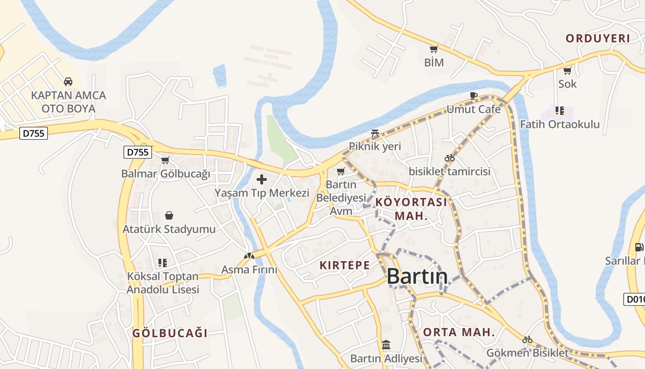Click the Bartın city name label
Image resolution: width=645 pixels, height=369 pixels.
tap(417, 276)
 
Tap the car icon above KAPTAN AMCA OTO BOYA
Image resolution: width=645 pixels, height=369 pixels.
tap(68, 82)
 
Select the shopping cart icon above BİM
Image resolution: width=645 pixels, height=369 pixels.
tap(434, 49)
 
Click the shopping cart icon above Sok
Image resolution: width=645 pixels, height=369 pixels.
tap(567, 71)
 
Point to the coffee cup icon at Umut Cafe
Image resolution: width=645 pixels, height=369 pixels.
tap(473, 95)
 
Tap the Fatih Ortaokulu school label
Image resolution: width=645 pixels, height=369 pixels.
tap(560, 124)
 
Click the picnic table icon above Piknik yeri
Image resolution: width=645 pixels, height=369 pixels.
tap(375, 134)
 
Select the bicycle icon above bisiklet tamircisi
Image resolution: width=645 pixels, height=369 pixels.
tap(450, 158)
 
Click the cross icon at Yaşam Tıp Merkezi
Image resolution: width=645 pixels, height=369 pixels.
tap(262, 179)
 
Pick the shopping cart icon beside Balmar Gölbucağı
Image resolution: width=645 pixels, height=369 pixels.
tap(165, 161)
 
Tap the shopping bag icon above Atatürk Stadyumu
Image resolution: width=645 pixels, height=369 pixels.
tap(169, 215)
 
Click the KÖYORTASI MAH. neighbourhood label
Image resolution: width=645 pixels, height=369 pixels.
tap(411, 208)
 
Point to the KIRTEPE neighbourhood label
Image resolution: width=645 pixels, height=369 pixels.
tap(345, 265)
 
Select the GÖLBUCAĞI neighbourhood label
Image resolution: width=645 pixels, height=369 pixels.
tap(170, 333)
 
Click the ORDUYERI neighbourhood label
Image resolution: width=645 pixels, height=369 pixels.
tap(598, 38)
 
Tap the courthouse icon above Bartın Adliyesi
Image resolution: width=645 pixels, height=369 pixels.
tap(386, 345)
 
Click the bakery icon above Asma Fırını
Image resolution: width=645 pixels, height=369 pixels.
tap(249, 256)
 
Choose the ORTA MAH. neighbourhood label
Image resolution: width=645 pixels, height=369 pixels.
tap(459, 332)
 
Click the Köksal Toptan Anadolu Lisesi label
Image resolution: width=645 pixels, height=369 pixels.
tap(163, 283)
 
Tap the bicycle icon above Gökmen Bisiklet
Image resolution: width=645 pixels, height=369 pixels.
tap(528, 340)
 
